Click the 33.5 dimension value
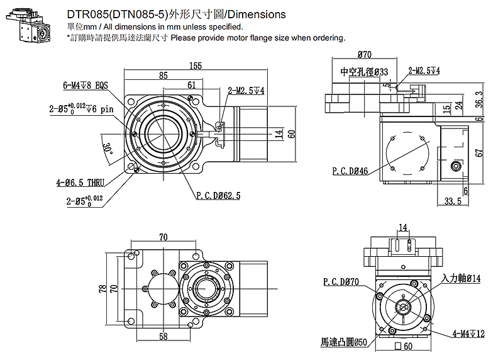pyautogui.click(x=452, y=201)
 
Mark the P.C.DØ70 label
pyautogui.click(x=341, y=281)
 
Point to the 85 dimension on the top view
pyautogui.click(x=163, y=76)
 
